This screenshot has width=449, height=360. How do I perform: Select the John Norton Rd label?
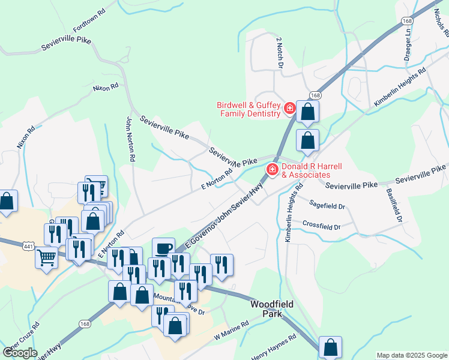(x=129, y=139)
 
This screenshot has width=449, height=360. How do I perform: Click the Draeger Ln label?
(x=407, y=47)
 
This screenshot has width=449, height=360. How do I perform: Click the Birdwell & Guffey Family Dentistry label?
(x=249, y=109)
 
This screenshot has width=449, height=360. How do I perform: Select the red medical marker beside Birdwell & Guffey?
(x=289, y=109)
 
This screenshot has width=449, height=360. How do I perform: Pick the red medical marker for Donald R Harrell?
(x=271, y=170)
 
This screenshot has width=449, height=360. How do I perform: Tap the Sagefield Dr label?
(x=328, y=206)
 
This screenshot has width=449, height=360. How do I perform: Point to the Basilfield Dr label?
(x=394, y=206)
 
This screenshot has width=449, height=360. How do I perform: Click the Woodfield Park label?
(x=272, y=308)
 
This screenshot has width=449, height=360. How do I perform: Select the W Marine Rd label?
(x=231, y=331)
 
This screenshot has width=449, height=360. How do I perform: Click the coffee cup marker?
(x=163, y=248)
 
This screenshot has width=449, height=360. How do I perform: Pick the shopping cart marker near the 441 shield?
(x=46, y=257)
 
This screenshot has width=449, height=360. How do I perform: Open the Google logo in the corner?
(x=20, y=353)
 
